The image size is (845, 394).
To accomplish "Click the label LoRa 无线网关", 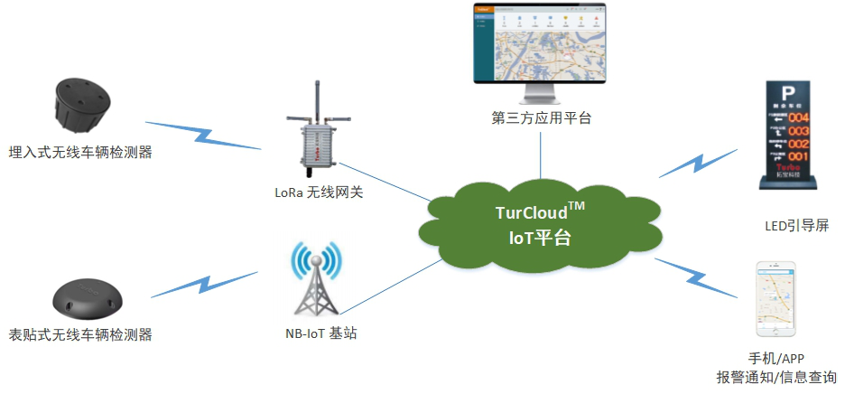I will [320, 192].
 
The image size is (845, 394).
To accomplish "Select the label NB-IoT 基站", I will [320, 333].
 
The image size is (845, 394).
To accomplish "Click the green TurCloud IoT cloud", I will [541, 226].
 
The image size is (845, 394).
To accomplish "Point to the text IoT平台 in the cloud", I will [540, 239].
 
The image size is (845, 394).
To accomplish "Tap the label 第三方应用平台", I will [542, 117].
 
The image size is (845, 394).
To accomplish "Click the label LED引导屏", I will [795, 226].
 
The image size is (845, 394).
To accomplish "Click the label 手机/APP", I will [775, 359].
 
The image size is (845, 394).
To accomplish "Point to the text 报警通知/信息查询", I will [775, 377].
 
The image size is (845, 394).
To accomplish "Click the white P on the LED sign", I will [788, 92].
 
